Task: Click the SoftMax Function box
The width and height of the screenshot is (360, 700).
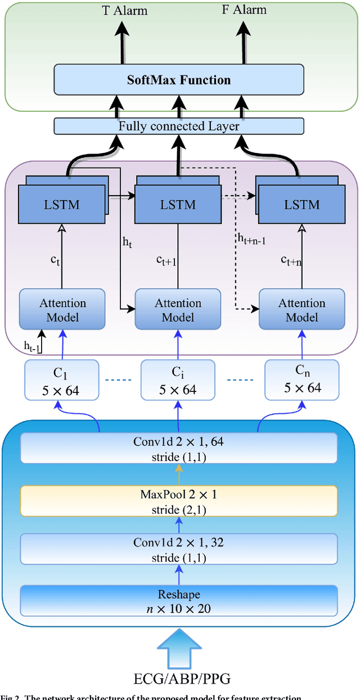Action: (x=179, y=80)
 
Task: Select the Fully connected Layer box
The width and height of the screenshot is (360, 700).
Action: (x=179, y=126)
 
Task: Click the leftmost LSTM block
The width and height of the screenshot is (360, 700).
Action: (x=62, y=205)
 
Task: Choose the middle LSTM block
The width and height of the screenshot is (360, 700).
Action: (x=178, y=205)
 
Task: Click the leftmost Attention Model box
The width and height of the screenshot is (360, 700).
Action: (x=62, y=309)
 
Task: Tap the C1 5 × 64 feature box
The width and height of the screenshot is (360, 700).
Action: (x=62, y=380)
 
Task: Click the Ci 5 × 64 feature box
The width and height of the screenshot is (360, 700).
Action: (x=178, y=380)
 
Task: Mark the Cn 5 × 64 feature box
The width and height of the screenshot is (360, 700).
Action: (x=302, y=380)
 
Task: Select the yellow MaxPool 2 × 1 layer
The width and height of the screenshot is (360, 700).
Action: (x=179, y=501)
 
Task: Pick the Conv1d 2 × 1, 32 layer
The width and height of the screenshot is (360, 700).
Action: (x=179, y=549)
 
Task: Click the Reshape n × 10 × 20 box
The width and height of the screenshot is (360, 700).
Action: (x=179, y=600)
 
